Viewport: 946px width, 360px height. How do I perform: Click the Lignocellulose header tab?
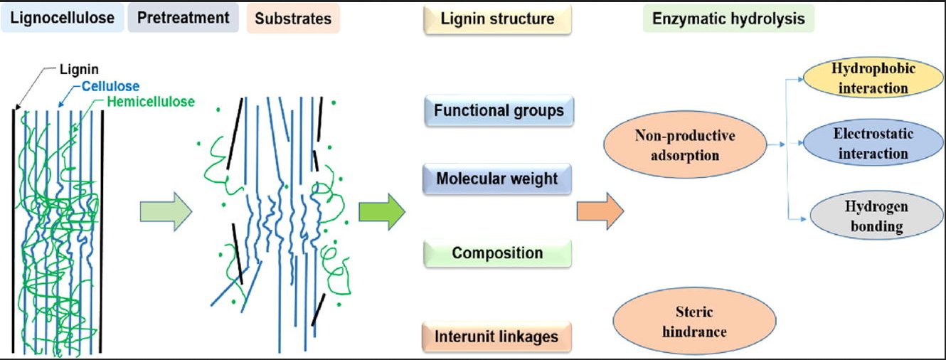pos(63,18)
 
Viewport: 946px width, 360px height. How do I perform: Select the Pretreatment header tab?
pos(184,18)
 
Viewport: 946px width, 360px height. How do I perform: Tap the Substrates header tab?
pos(293,18)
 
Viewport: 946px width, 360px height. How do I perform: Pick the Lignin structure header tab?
pos(497,19)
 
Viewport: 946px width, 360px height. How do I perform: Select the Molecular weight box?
pos(497,178)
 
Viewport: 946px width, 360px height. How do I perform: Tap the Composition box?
pos(497,253)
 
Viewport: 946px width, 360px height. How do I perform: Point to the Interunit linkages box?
pos(497,336)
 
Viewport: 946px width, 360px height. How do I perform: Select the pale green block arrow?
pos(166,212)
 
